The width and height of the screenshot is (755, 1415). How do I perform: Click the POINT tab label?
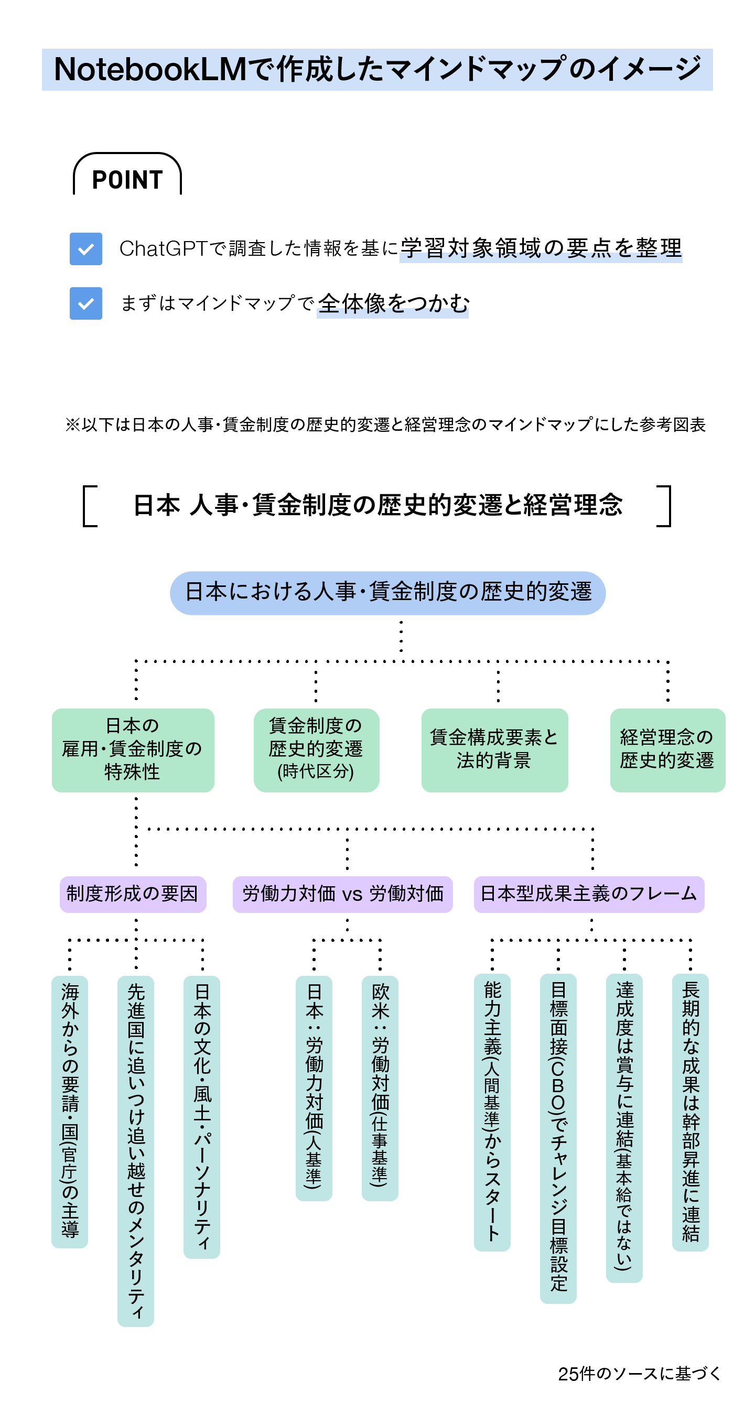(x=127, y=179)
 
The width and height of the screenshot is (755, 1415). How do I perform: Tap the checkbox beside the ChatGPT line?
(x=85, y=248)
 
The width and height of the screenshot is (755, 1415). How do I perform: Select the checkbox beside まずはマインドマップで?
(x=85, y=303)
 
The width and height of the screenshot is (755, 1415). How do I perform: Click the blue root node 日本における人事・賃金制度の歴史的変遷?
(x=387, y=592)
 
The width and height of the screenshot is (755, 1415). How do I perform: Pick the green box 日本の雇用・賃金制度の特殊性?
(x=133, y=749)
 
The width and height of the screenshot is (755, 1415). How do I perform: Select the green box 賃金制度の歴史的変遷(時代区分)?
(x=316, y=749)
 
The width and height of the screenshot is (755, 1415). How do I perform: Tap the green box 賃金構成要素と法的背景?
(x=494, y=749)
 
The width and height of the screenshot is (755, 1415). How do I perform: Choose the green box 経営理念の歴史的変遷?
(x=667, y=749)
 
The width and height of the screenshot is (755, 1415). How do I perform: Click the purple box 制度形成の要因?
(x=133, y=894)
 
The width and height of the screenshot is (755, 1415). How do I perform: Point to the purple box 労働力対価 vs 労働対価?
(x=342, y=894)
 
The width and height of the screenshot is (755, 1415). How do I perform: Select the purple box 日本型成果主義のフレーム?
(x=588, y=894)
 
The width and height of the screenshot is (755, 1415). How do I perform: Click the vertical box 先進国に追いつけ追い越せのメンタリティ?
(x=136, y=1150)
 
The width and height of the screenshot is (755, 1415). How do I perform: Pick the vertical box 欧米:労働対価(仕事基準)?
(x=380, y=1087)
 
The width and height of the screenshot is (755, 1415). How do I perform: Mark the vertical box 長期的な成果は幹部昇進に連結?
(x=690, y=1112)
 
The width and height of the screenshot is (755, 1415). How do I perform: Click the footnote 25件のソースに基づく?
(x=639, y=1373)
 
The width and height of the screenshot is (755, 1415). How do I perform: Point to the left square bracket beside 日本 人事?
(x=90, y=505)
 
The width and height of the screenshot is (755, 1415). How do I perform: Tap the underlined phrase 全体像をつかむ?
(x=393, y=303)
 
